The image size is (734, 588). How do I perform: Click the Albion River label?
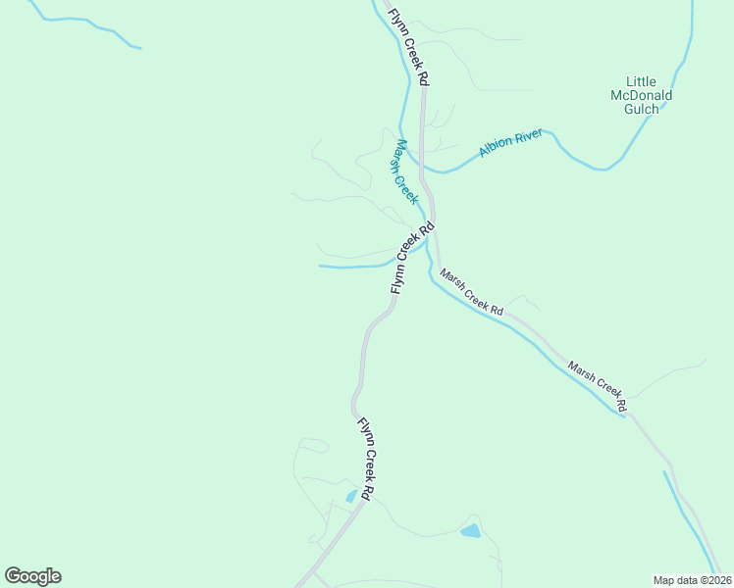[510, 143]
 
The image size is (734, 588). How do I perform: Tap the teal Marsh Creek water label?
[405, 171]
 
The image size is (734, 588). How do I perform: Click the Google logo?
[32, 576]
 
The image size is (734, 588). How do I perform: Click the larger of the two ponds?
[471, 531]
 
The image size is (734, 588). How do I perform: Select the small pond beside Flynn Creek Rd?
[351, 497]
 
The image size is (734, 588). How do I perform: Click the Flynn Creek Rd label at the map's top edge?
[409, 46]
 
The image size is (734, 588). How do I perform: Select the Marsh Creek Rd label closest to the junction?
[471, 292]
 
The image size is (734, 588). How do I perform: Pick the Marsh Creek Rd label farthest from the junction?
[597, 385]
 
